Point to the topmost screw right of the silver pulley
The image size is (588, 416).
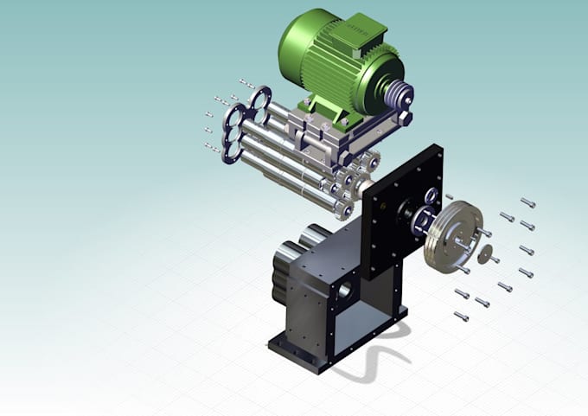point(527,203)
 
